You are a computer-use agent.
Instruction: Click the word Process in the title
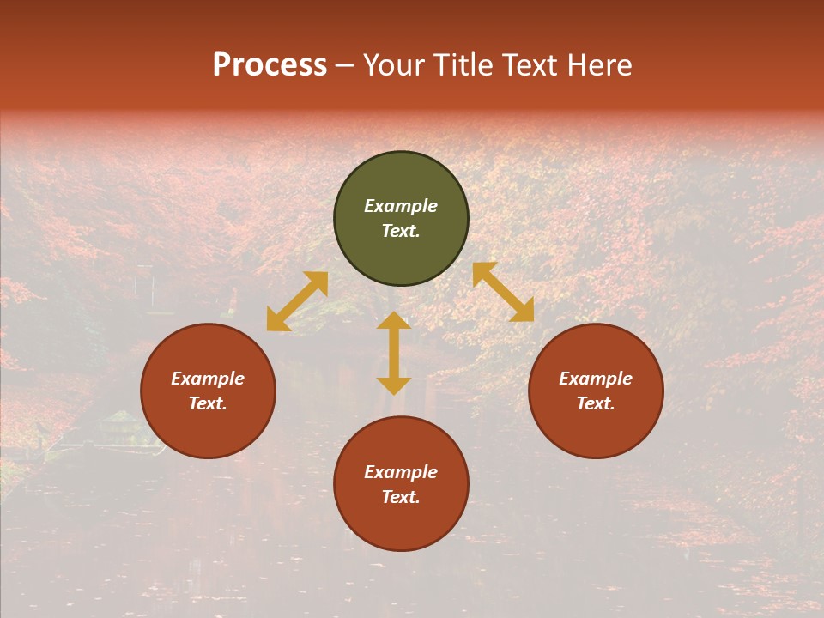tap(270, 65)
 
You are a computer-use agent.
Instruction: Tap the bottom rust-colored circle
tap(401, 524)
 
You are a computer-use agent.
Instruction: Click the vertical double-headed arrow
tap(394, 353)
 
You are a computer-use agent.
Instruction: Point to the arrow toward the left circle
tap(297, 301)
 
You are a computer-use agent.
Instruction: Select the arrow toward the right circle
tap(503, 292)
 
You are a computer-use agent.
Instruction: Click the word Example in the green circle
tap(401, 206)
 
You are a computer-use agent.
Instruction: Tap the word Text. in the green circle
tap(401, 231)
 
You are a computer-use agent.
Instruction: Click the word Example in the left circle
tap(208, 379)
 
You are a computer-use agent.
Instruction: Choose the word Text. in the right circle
tap(596, 403)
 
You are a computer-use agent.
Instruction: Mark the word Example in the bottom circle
tap(401, 472)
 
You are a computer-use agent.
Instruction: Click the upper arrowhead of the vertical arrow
tap(394, 320)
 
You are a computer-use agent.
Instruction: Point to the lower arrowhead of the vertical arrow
tap(394, 385)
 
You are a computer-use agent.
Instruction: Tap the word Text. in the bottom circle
tap(401, 497)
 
